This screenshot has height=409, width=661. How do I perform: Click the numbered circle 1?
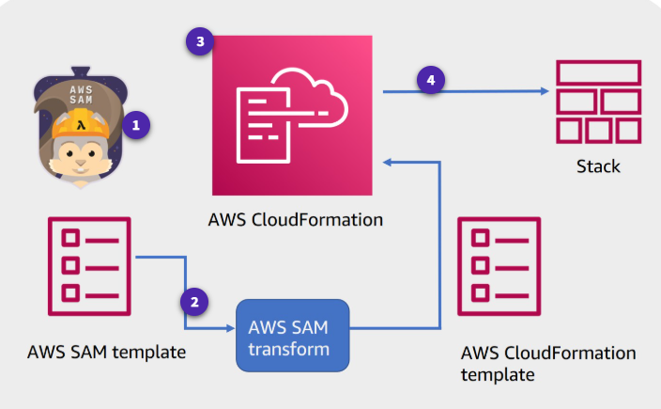coord(137,123)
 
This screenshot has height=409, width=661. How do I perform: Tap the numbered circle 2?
coord(194,302)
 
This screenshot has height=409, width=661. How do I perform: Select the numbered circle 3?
coord(199,41)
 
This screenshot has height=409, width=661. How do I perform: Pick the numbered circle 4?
coord(431,81)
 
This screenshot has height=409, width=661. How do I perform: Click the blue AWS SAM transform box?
coord(291,333)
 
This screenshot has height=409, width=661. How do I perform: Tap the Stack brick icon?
coord(598,102)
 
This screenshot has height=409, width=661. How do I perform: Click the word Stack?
coord(598,166)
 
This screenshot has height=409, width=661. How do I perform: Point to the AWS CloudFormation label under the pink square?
coord(295,220)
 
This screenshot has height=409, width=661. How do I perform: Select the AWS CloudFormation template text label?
coord(548,364)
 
